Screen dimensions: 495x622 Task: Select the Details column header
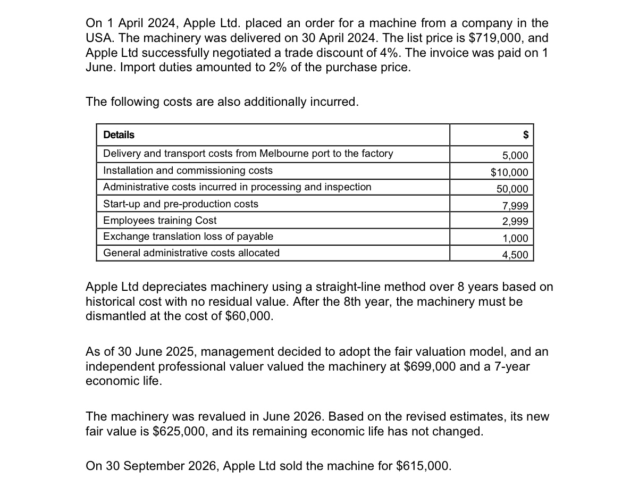tap(119, 135)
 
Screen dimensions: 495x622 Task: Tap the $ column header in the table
tap(525, 135)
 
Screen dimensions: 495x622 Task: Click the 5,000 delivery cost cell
tap(515, 155)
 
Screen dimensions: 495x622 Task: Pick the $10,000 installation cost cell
tap(509, 172)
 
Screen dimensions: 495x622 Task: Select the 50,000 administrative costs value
tap(512, 189)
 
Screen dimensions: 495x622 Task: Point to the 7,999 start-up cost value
tap(515, 206)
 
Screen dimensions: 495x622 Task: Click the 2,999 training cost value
tap(515, 222)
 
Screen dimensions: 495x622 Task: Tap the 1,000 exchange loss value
tap(515, 239)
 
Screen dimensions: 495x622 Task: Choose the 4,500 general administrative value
tap(515, 255)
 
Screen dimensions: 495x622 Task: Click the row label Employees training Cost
tap(159, 220)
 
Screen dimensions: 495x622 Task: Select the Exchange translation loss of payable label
tap(188, 237)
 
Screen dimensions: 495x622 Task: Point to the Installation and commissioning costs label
tap(188, 171)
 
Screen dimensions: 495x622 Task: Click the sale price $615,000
tap(423, 466)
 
